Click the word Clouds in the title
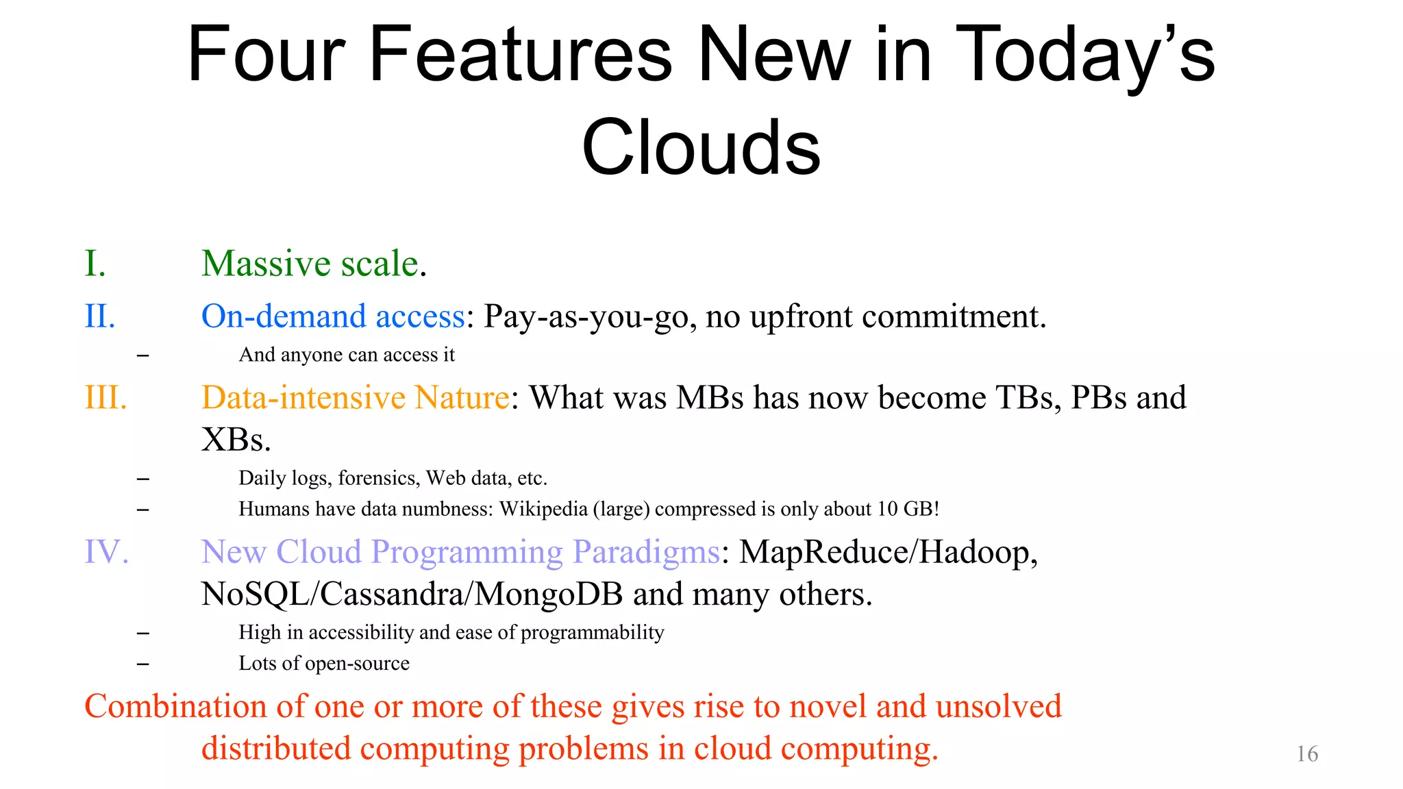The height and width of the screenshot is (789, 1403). pos(701,147)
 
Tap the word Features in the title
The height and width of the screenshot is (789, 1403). pos(521,55)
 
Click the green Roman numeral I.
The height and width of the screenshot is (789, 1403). pos(95,264)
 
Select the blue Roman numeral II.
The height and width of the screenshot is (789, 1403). pos(100,316)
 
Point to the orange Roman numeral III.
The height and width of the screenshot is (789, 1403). pos(105,398)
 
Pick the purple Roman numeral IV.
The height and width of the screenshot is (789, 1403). pos(106,552)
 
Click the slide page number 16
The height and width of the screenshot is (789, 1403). pos(1307,754)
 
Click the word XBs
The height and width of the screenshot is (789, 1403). pos(236,440)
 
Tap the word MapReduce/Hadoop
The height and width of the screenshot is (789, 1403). pos(889,552)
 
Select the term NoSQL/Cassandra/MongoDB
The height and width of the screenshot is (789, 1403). pos(412,594)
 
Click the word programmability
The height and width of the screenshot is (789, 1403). pos(592,632)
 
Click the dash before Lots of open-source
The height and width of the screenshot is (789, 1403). pos(142,664)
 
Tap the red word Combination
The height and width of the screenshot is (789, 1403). pos(175,706)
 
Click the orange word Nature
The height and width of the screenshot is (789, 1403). pos(462,398)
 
